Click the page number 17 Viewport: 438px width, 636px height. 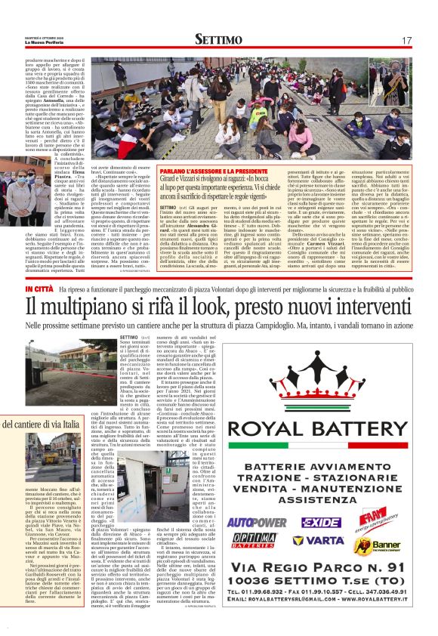click(x=406, y=39)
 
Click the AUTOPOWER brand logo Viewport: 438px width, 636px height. click(x=257, y=500)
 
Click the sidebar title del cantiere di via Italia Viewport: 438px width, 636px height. click(x=45, y=425)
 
